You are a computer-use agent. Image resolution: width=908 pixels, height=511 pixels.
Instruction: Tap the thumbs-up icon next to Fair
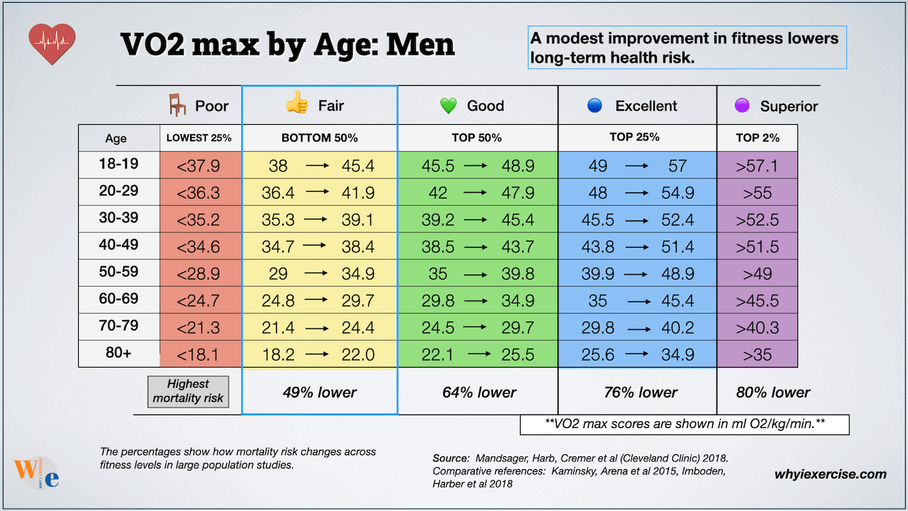(297, 105)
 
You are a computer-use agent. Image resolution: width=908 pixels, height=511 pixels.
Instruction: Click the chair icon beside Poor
(177, 105)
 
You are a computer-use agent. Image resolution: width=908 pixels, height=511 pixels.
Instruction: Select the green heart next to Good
(448, 106)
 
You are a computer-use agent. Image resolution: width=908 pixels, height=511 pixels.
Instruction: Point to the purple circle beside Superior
(742, 106)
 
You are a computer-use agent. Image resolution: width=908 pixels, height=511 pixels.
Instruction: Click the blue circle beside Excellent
(594, 106)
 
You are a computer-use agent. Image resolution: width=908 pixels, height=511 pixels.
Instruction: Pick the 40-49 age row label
(118, 245)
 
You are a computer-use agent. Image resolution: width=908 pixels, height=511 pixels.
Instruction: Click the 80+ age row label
(118, 353)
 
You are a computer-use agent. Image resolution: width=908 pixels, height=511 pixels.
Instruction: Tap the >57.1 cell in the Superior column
(758, 166)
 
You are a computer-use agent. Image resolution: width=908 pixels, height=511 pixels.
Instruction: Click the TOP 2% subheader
(758, 138)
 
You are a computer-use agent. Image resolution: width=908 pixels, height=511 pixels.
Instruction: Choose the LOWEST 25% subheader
(199, 138)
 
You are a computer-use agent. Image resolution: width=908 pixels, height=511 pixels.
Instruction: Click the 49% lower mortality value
(319, 392)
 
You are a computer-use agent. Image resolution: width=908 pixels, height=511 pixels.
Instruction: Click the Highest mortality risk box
(188, 391)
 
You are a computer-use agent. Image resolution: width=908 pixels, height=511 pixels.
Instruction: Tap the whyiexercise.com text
(830, 474)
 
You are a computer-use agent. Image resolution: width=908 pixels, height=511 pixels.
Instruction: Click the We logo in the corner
(35, 473)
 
